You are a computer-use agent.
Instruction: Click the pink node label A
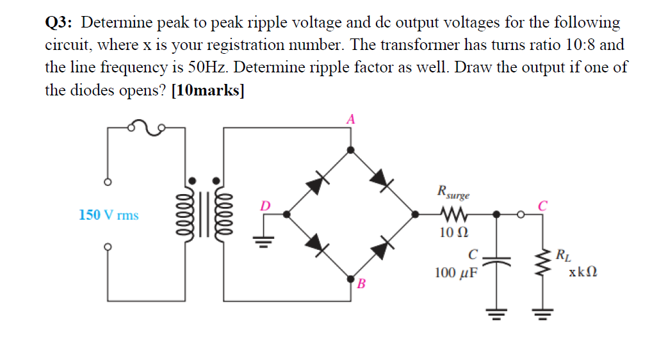(350, 119)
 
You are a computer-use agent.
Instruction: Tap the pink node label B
(361, 284)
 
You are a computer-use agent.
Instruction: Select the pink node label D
(265, 206)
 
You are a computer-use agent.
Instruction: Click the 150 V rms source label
(108, 215)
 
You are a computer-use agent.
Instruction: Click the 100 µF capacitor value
(456, 273)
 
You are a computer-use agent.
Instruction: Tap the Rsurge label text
(453, 191)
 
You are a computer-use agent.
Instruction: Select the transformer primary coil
(190, 215)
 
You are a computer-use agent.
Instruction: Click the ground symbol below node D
(263, 241)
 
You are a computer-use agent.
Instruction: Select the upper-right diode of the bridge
(382, 181)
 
